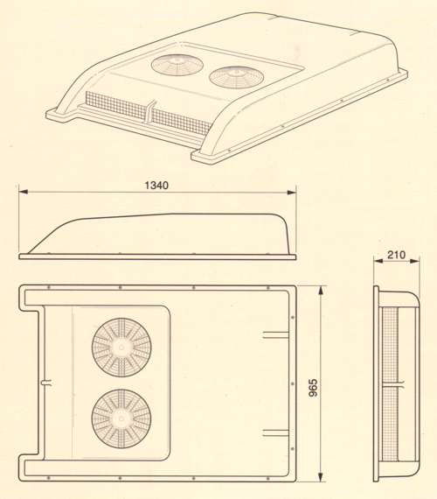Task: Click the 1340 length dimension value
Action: [156, 186]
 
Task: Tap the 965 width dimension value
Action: [313, 387]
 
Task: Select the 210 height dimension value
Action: [396, 255]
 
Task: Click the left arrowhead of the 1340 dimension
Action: [24, 192]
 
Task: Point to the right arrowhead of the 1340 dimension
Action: [292, 192]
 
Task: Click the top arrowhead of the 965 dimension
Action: [321, 291]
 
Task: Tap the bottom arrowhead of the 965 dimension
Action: [321, 476]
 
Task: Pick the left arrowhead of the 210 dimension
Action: [378, 261]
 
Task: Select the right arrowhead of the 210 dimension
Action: [415, 261]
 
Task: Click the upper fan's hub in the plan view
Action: [121, 348]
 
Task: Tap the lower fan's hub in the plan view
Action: [121, 418]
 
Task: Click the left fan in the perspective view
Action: [177, 65]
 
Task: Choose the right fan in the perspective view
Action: [237, 78]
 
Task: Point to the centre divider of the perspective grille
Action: [150, 114]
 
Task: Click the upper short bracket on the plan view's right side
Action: [276, 334]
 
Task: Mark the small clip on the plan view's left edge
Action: [46, 383]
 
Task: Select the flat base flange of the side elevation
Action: [157, 257]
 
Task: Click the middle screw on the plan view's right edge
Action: [293, 383]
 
